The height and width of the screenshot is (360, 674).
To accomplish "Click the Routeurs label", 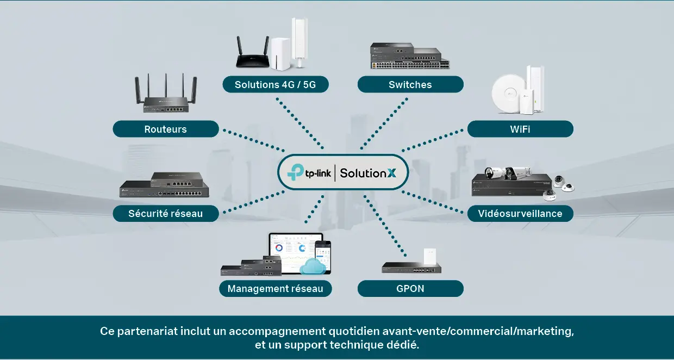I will [x=165, y=129].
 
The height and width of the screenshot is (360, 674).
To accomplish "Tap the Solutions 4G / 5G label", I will [x=275, y=85].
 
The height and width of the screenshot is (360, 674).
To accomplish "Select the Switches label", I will [x=410, y=85].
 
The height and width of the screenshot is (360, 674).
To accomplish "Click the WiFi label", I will [x=520, y=129].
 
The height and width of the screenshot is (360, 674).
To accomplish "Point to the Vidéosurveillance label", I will [x=520, y=213].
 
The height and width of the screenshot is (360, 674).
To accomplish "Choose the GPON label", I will [x=410, y=289].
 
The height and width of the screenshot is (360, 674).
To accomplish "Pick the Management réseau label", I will [x=275, y=289].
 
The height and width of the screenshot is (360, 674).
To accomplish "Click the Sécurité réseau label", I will [x=165, y=214].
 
